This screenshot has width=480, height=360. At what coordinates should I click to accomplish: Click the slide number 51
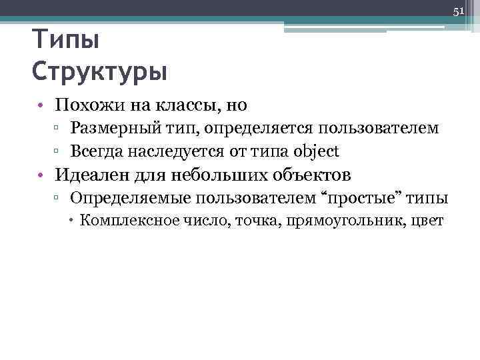(x=459, y=11)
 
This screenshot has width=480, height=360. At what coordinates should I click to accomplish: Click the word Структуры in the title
(x=99, y=71)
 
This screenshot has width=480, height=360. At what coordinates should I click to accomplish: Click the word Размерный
(x=111, y=127)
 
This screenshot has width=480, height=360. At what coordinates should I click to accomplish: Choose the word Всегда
(x=96, y=151)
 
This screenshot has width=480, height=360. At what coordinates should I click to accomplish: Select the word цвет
(x=428, y=221)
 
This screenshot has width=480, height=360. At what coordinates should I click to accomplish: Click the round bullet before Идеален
(x=41, y=176)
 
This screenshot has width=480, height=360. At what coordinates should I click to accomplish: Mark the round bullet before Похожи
(x=41, y=105)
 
